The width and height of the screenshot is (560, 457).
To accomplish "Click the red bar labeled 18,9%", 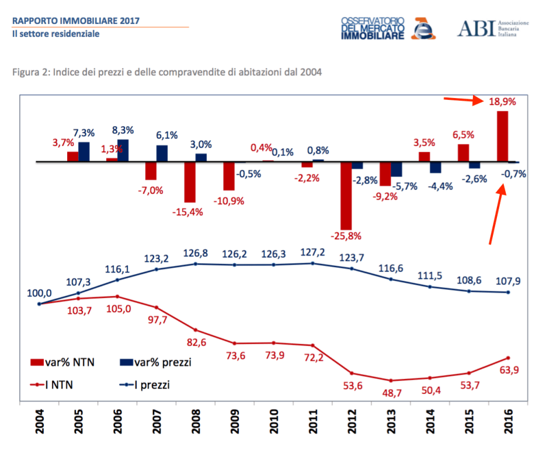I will tap(502, 136).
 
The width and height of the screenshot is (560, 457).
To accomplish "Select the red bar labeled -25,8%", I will tap(346, 196).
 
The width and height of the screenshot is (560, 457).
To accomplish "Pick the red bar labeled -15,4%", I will tap(190, 182).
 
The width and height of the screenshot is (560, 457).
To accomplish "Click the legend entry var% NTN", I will tap(62, 362).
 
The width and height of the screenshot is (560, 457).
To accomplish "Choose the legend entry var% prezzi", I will tap(155, 362).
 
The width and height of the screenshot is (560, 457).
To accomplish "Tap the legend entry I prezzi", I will tap(146, 385).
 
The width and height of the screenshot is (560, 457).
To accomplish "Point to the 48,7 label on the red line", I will tap(391, 394).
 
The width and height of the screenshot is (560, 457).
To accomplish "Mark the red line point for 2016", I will tap(508, 358).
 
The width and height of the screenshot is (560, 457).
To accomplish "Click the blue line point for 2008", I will tap(196, 264).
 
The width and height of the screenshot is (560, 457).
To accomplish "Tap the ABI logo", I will tap(492, 27).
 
